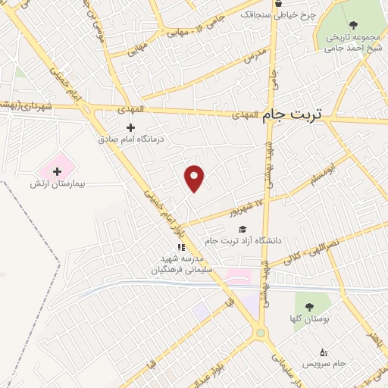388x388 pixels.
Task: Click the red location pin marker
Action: coord(195,177)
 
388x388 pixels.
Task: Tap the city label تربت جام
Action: coord(292,115)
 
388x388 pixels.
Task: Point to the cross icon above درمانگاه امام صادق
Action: coord(130,127)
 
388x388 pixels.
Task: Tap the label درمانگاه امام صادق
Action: coord(130,139)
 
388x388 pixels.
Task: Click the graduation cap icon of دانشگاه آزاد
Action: coord(242,229)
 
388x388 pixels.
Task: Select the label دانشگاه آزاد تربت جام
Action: coord(243,241)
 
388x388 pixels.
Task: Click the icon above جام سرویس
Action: coord(324,352)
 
